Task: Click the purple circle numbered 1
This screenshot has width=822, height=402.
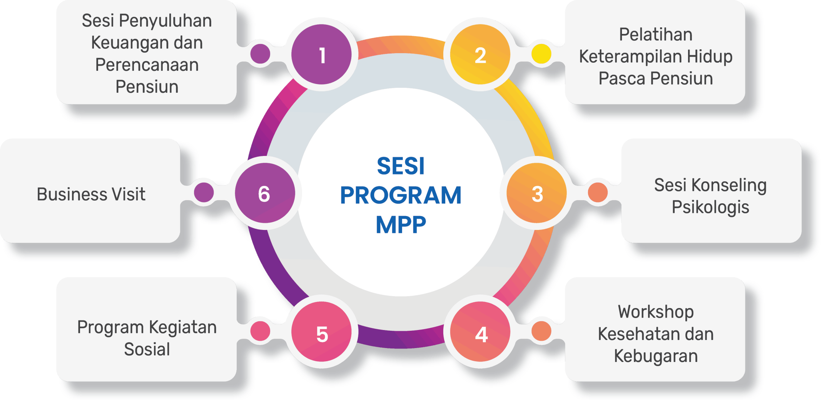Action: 322,54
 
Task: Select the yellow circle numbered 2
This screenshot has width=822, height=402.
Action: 480,54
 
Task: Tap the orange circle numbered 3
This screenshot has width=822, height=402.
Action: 537,193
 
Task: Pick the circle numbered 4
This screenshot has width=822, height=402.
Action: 480,332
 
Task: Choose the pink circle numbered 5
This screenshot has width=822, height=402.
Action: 322,332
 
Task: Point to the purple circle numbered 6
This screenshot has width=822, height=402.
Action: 265,193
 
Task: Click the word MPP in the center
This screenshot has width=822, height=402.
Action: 401,225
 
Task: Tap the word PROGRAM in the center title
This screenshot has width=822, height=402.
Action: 401,195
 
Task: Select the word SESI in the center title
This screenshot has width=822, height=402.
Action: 401,166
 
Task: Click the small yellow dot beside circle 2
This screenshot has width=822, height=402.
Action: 541,54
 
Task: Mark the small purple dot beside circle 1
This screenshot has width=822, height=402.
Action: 260,54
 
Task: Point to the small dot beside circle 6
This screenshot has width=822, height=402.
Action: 204,192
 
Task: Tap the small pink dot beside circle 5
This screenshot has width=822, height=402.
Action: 260,331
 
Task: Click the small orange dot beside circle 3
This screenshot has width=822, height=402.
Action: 598,192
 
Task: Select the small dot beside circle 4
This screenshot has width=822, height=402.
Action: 541,331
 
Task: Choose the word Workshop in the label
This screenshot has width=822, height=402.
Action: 656,312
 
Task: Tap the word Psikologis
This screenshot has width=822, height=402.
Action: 710,207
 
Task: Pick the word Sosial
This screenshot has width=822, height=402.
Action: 147,349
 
